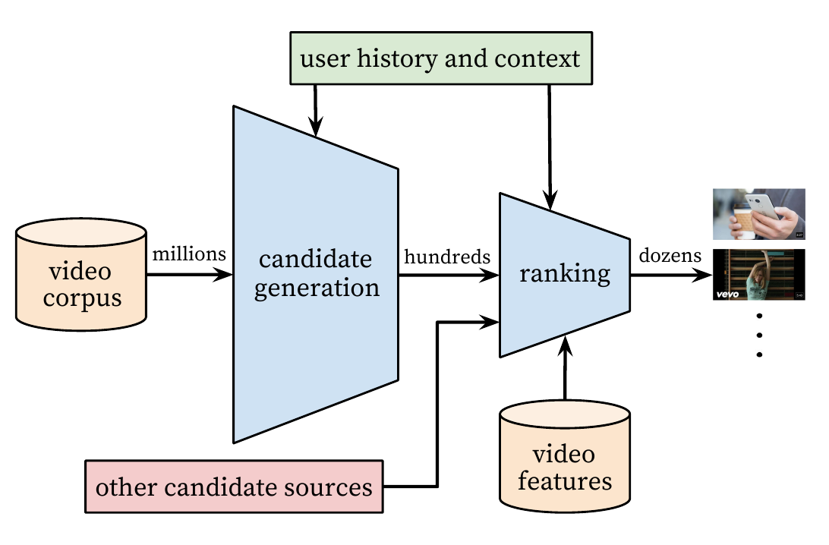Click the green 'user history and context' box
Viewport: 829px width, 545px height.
[440, 58]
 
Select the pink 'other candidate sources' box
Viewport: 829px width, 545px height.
[234, 486]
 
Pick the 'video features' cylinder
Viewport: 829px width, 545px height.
[565, 466]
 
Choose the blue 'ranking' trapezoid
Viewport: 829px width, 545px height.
[565, 274]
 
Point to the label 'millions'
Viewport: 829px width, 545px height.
[189, 254]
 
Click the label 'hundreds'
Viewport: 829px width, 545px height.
[448, 257]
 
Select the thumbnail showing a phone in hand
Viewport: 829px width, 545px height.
[758, 215]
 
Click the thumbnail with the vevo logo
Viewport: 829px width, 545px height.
[758, 275]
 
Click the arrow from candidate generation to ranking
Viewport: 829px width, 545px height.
[448, 275]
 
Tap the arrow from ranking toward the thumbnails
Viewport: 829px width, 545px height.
[668, 275]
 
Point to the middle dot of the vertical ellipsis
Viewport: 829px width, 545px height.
[758, 334]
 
